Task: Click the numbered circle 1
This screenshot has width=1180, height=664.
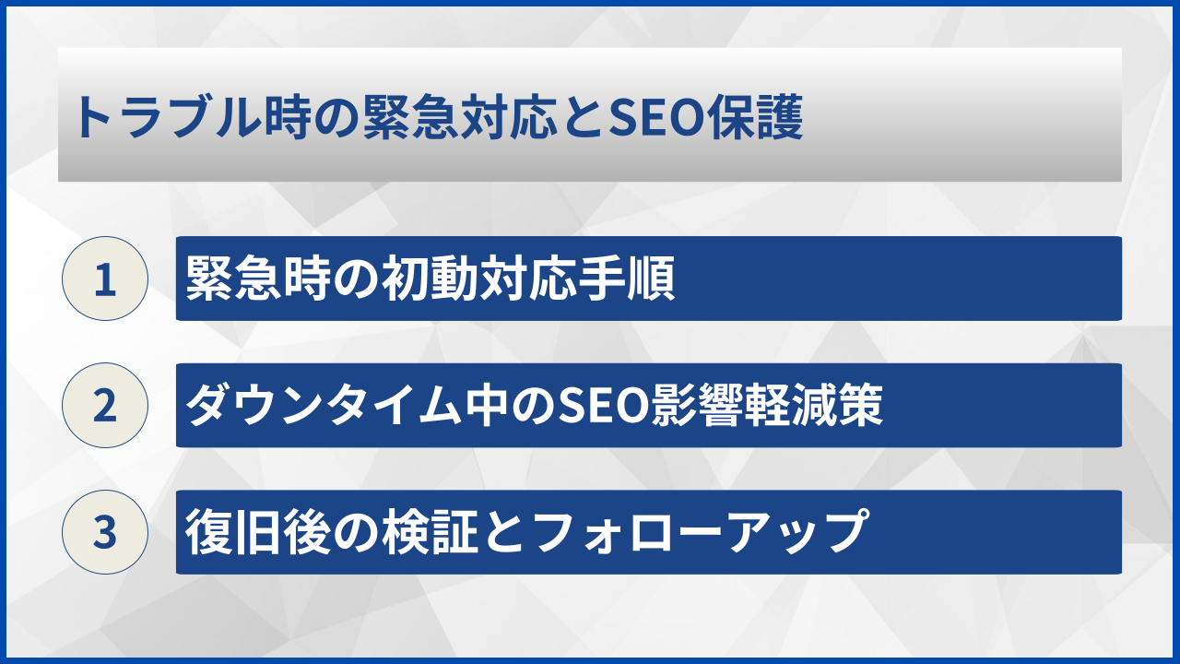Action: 105,279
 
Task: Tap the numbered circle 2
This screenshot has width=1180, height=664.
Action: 105,406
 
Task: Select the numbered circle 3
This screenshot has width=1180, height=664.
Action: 105,532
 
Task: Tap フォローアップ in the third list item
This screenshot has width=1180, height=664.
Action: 698,532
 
